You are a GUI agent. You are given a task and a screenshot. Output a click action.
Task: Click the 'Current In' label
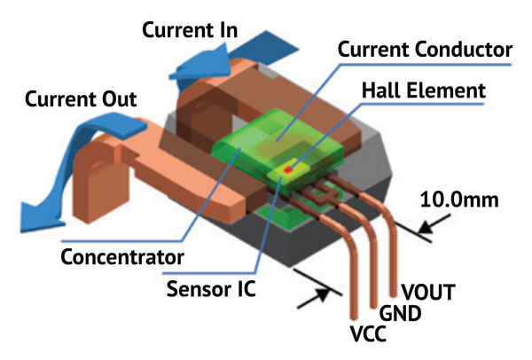(190, 31)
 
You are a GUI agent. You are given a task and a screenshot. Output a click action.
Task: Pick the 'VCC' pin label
(367, 337)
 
